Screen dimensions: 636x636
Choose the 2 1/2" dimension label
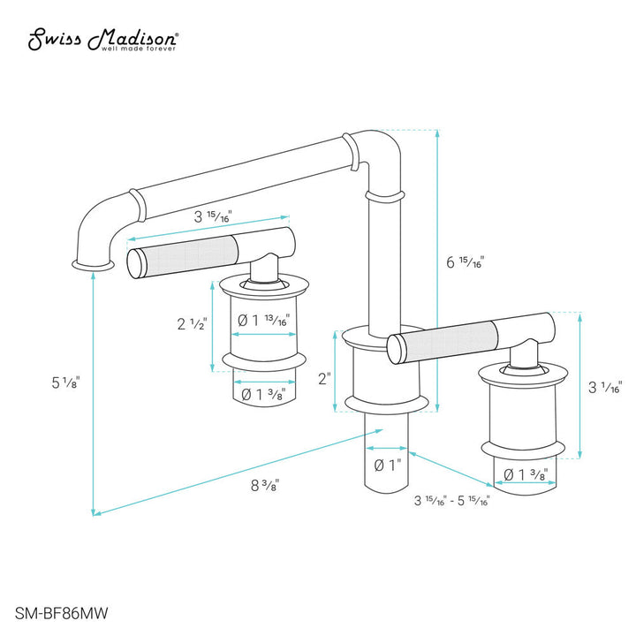[192, 324]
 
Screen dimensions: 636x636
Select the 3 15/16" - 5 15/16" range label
[451, 501]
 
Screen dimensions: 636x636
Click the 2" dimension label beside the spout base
[324, 378]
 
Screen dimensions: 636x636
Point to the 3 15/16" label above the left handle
[213, 216]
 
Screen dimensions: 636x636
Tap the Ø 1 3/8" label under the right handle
[525, 474]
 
